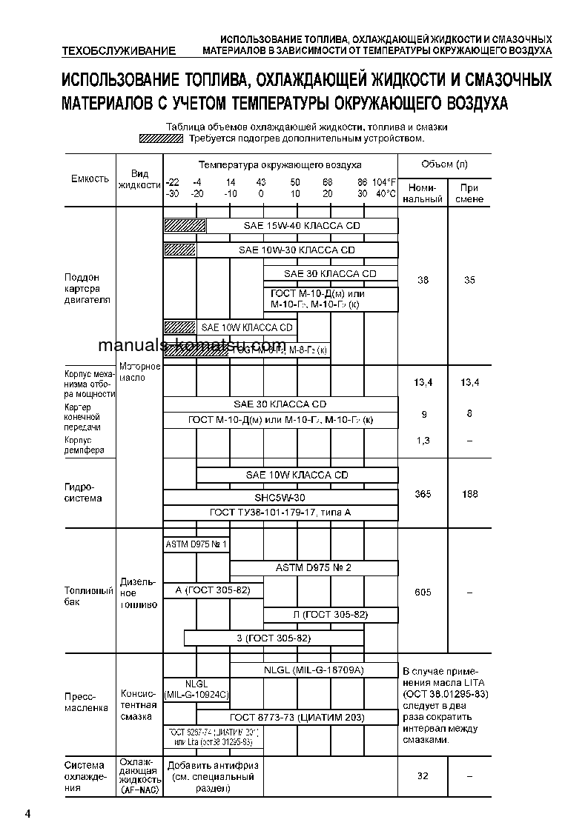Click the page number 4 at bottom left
(x=27, y=815)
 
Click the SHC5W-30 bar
(x=280, y=497)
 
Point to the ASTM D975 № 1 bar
(x=196, y=545)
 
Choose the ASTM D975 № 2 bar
(x=314, y=568)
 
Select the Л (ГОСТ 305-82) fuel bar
(x=331, y=615)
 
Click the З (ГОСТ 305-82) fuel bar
(x=274, y=638)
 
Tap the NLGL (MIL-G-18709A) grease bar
(x=314, y=670)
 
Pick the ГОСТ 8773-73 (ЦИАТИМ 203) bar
(x=297, y=716)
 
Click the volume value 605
(x=423, y=593)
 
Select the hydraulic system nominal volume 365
(x=423, y=494)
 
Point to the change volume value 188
(x=469, y=494)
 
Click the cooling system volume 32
(x=423, y=775)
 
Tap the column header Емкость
(x=90, y=178)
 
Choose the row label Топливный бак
(x=89, y=596)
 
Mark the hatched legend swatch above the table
(x=161, y=138)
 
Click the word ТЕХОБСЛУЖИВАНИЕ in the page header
(x=120, y=51)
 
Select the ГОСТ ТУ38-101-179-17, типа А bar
(x=280, y=513)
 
